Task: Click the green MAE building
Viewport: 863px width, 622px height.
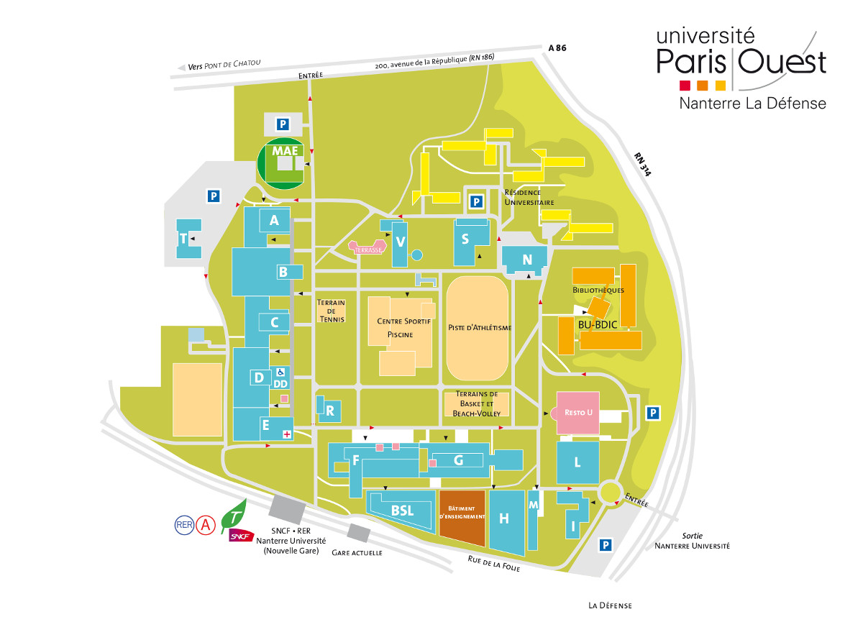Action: click(x=285, y=163)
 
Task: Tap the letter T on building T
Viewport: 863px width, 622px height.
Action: click(x=183, y=238)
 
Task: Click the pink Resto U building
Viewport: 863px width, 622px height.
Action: click(x=578, y=413)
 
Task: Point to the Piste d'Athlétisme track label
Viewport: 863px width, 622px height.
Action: click(x=480, y=328)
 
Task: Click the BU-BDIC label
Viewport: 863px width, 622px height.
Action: click(x=596, y=324)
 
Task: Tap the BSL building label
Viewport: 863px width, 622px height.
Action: click(x=402, y=511)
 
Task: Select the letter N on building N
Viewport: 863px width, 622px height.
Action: click(x=527, y=260)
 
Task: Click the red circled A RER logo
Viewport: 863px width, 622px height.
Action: click(x=207, y=525)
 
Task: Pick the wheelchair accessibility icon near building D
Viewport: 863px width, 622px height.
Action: click(x=280, y=372)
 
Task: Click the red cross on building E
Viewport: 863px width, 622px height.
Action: click(x=287, y=434)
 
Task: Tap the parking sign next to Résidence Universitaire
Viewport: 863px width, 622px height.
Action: click(x=475, y=202)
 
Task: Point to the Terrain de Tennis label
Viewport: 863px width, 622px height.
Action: click(x=331, y=311)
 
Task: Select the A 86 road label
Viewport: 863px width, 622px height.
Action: click(x=557, y=48)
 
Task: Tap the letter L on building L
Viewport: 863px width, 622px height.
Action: click(x=577, y=462)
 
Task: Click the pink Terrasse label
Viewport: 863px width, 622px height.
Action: click(x=368, y=249)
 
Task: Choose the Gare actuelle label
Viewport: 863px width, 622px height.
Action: click(x=357, y=553)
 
